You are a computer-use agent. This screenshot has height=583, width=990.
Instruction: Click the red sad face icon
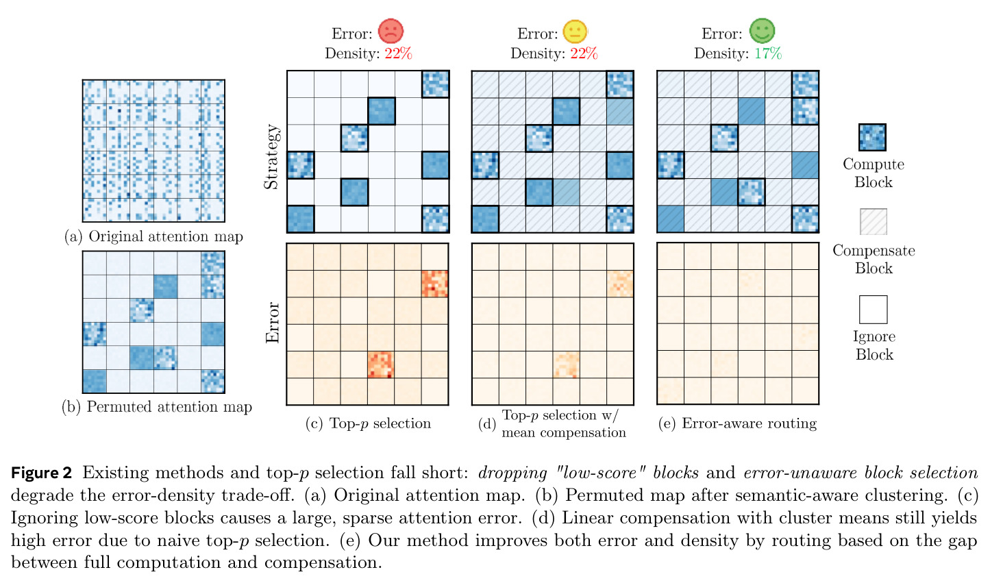click(x=391, y=31)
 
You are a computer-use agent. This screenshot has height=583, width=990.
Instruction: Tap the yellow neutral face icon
click(x=575, y=32)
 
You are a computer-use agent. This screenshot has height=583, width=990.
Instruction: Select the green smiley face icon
click(x=762, y=31)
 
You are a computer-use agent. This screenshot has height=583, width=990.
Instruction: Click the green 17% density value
click(x=768, y=53)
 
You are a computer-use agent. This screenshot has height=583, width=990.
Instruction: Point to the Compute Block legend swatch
click(x=872, y=138)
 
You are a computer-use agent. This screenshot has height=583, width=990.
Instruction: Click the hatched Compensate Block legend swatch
click(x=874, y=222)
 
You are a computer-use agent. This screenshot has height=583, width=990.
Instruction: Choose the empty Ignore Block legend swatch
click(x=874, y=310)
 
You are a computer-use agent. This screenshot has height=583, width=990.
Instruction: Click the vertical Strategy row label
click(x=272, y=157)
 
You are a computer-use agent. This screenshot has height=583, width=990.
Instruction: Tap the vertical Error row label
click(x=272, y=323)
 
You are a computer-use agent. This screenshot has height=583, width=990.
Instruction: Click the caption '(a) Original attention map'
click(x=153, y=236)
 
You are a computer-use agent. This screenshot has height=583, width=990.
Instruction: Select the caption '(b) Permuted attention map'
click(x=157, y=407)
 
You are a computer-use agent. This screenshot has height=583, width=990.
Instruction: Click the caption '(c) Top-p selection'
click(x=368, y=423)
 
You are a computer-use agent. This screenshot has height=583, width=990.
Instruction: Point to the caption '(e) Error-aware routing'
click(x=737, y=423)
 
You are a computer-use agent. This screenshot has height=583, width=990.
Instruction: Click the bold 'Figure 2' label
click(x=41, y=473)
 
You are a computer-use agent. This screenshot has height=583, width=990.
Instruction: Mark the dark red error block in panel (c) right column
click(x=435, y=284)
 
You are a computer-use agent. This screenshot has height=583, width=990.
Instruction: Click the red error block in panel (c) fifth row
click(x=380, y=364)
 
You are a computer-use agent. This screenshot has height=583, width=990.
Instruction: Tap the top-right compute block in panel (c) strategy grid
click(x=435, y=84)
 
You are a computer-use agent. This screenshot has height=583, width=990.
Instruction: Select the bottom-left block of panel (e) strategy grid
click(x=671, y=219)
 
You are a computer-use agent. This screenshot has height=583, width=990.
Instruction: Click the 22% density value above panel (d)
click(x=584, y=53)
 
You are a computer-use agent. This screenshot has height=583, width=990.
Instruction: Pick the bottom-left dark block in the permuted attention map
click(x=95, y=382)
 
